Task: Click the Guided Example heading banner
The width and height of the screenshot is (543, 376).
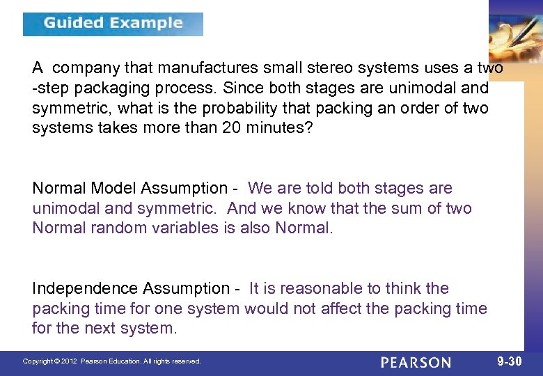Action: [x=113, y=24]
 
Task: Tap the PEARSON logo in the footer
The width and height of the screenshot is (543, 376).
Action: [x=416, y=362]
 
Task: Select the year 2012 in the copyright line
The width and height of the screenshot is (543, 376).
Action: [x=68, y=361]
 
